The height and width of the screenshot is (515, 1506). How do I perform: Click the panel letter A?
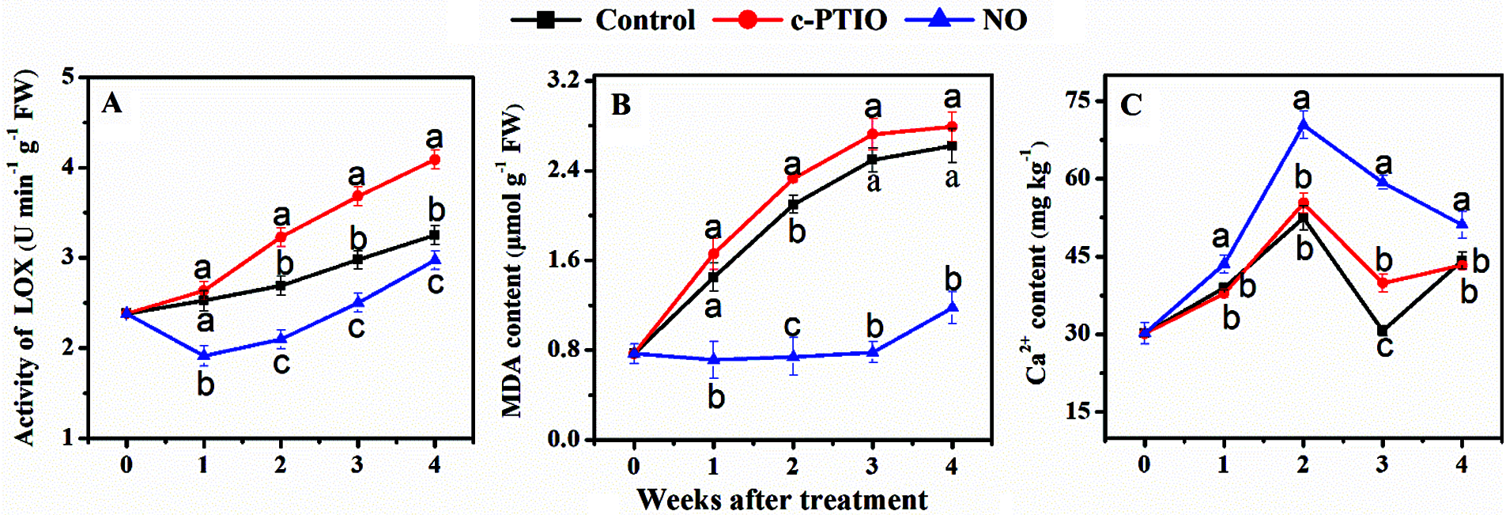(x=112, y=104)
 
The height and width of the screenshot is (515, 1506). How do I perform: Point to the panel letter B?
(x=621, y=104)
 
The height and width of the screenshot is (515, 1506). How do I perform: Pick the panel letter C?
(x=1130, y=104)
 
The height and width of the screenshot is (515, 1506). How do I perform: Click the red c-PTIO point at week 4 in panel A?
(x=434, y=160)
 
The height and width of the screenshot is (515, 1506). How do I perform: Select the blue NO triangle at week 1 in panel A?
(x=204, y=355)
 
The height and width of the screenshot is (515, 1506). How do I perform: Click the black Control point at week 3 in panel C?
(x=1383, y=330)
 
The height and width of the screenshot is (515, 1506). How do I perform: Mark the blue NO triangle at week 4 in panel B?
(x=952, y=308)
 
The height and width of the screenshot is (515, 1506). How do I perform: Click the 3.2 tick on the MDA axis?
(x=564, y=80)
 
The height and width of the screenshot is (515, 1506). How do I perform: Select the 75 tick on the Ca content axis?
(x=1078, y=100)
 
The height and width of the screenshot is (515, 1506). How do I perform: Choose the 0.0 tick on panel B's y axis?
(x=564, y=439)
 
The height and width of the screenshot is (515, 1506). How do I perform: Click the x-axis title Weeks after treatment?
(x=782, y=500)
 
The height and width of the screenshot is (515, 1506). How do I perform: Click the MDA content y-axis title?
(x=512, y=261)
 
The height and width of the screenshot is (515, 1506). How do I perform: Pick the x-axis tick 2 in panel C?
(x=1303, y=464)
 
